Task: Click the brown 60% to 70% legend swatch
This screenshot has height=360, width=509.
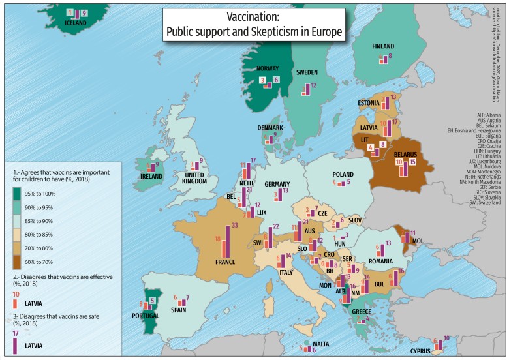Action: [x=18, y=264]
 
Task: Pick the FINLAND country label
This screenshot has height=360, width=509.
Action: [x=384, y=46]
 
